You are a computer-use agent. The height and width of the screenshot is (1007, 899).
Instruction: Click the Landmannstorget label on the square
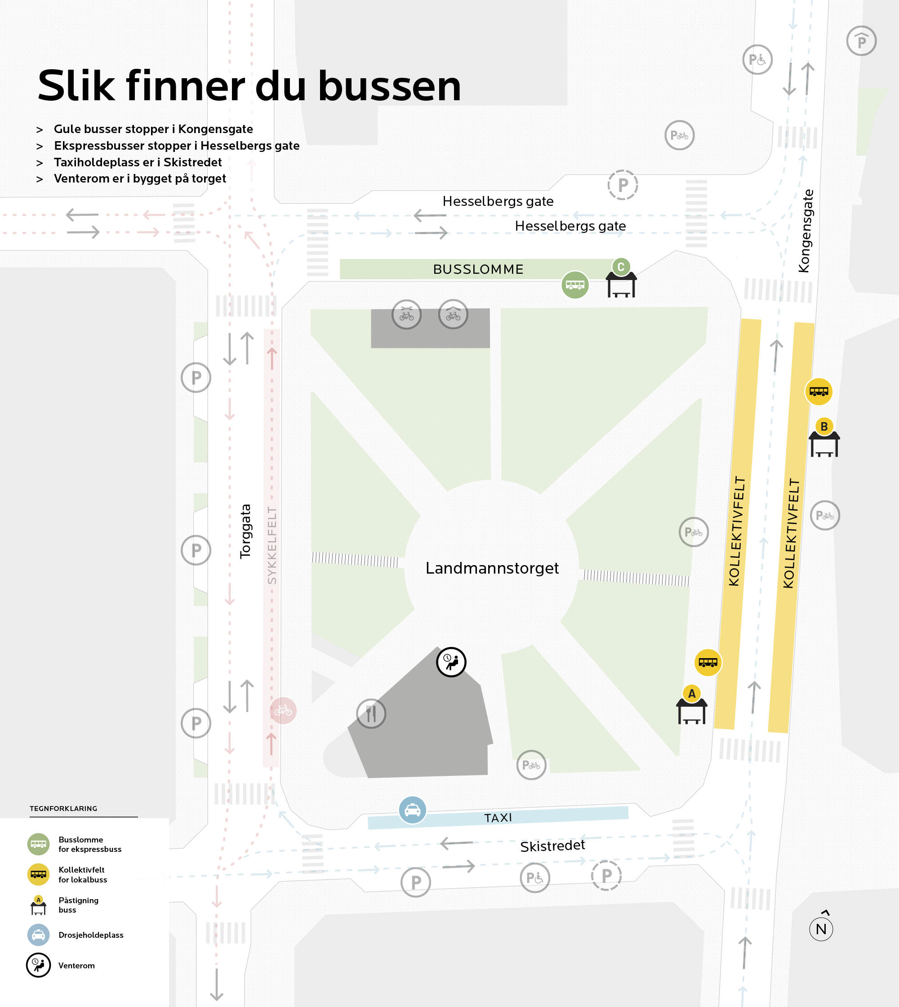coord(492,568)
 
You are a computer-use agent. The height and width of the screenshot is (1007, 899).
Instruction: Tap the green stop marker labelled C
coord(621,267)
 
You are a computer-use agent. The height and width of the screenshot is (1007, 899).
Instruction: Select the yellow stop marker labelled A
coord(691,694)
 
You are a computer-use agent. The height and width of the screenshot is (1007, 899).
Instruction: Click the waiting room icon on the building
coord(451,662)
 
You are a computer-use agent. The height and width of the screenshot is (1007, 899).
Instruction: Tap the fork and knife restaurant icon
coord(371,713)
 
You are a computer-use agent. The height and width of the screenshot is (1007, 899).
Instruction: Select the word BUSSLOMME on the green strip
coord(478,269)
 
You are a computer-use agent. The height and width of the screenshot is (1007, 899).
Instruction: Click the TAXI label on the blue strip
coord(498,818)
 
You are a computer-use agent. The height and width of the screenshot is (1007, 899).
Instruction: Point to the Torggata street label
coord(245,531)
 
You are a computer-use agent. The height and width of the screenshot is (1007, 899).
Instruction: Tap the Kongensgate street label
coord(805,231)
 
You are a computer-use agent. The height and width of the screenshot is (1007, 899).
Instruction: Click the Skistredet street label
coord(552,846)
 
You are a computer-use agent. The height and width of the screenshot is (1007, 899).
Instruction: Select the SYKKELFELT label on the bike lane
coord(271,545)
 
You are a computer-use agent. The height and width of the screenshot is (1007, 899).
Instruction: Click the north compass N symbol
coord(821,929)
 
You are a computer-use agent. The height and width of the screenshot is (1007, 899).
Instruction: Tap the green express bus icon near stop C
coord(575,285)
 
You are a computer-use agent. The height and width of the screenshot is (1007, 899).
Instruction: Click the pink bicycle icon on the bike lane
coord(283,711)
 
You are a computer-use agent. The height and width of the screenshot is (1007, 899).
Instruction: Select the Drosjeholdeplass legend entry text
coord(91,935)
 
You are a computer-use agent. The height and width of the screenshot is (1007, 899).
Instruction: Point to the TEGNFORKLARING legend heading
coord(63,808)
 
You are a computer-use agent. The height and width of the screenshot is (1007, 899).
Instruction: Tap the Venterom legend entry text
coord(76,966)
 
